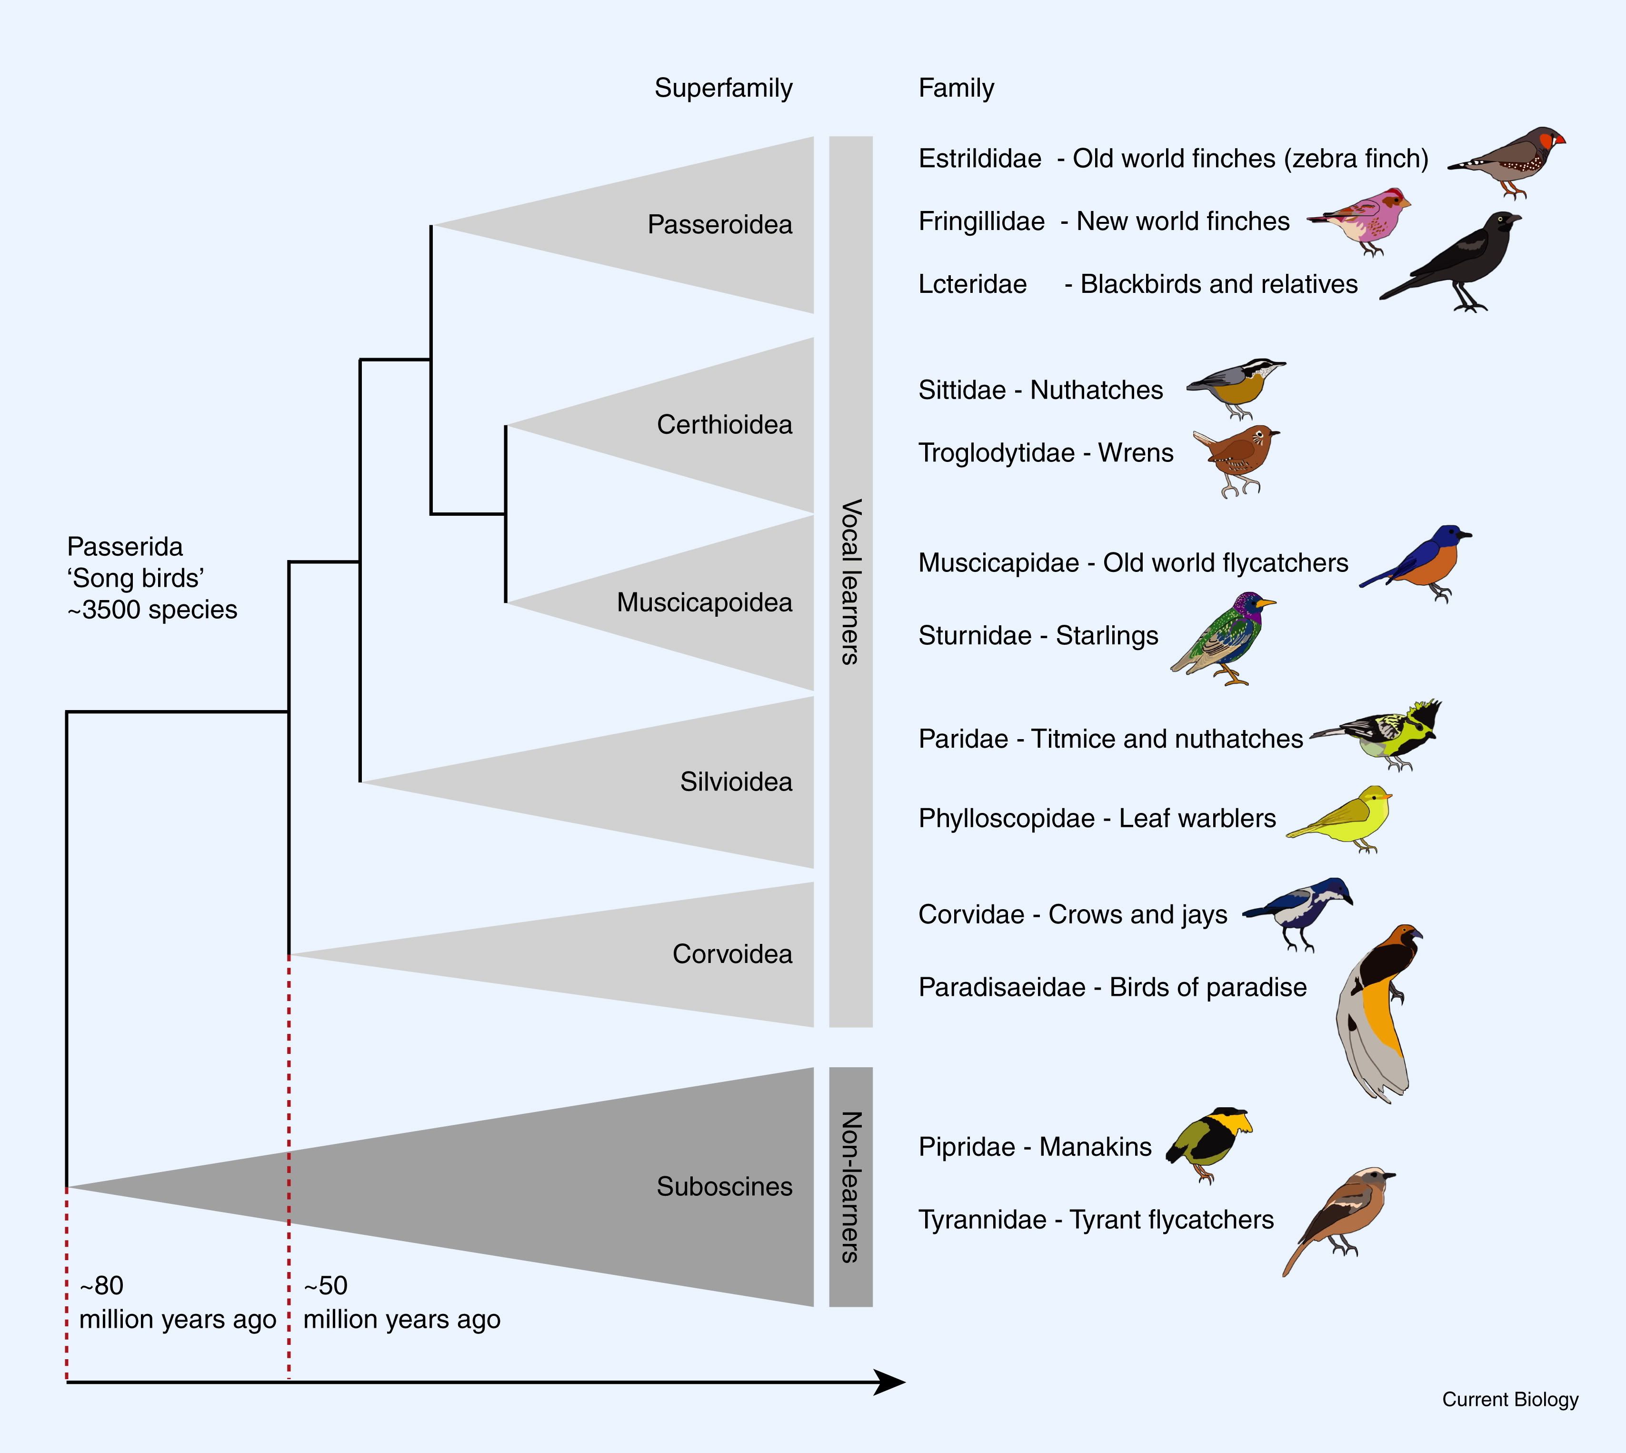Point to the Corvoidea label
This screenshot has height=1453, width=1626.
pos(732,954)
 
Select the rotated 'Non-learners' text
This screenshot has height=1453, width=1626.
pos(851,1186)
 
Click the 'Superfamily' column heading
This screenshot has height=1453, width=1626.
pos(723,88)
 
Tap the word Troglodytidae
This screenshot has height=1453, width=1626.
pos(996,453)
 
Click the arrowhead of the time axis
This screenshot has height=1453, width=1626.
pos(890,1382)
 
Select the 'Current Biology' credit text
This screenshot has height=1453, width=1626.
pos(1510,1399)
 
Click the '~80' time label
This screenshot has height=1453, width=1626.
pos(101,1285)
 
